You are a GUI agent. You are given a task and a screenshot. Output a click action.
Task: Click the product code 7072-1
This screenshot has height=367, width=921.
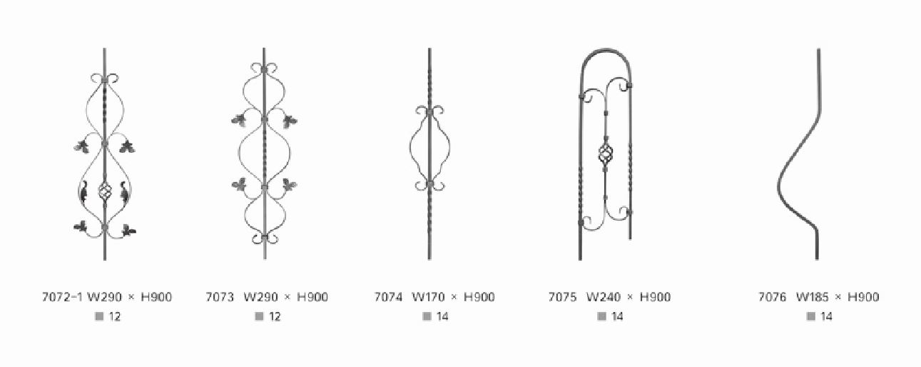coord(63,296)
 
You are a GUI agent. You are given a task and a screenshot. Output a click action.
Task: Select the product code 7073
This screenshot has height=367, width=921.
coord(220,296)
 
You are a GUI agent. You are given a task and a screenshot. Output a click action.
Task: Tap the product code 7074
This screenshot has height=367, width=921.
coord(387,296)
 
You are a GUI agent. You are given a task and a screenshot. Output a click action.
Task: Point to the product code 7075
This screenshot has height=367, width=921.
coord(562,296)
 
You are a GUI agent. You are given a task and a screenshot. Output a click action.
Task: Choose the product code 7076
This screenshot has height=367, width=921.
coord(772,296)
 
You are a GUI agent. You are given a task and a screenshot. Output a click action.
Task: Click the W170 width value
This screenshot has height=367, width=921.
coord(428,296)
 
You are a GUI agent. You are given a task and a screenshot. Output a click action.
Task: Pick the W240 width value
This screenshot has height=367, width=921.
coord(603,296)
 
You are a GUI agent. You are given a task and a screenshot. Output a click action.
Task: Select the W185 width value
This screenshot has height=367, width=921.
coord(812,296)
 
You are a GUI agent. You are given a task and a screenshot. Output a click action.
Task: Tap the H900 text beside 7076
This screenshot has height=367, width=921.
coord(863,296)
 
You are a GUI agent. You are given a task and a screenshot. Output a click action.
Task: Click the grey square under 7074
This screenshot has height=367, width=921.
coord(427,316)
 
